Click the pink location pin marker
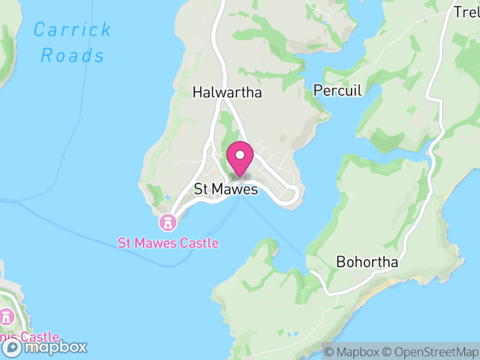(x=240, y=159)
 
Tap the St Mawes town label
(x=226, y=189)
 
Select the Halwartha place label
(x=227, y=92)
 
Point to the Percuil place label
(x=338, y=91)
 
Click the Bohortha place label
(x=367, y=263)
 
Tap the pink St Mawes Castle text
(x=168, y=243)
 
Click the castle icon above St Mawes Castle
(x=167, y=223)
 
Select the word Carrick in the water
(x=73, y=29)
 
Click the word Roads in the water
(x=73, y=56)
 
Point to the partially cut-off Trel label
(x=466, y=12)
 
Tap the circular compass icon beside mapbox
(x=11, y=347)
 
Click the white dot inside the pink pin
(x=240, y=155)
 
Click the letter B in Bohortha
(x=340, y=263)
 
